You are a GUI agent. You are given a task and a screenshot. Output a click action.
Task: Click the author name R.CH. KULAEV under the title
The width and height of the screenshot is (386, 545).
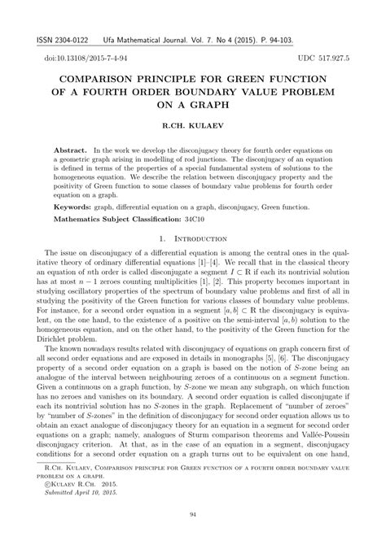[193, 128]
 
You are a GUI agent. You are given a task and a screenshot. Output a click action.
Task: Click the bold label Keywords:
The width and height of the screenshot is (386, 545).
[72, 207]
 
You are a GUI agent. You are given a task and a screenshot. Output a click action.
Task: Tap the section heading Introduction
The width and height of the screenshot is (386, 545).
[200, 241]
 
